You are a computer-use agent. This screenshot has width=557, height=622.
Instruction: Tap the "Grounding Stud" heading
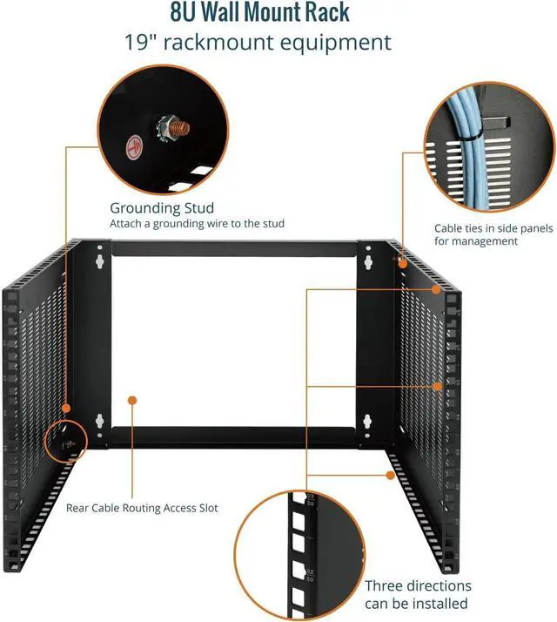(x=161, y=208)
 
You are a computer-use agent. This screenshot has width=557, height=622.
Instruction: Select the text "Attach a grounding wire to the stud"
(x=197, y=224)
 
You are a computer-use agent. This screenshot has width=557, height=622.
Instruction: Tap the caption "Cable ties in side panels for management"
(x=488, y=234)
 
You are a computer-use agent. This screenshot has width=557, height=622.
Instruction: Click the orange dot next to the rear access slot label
(x=132, y=400)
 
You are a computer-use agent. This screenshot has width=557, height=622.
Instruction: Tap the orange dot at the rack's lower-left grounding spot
(x=64, y=407)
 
